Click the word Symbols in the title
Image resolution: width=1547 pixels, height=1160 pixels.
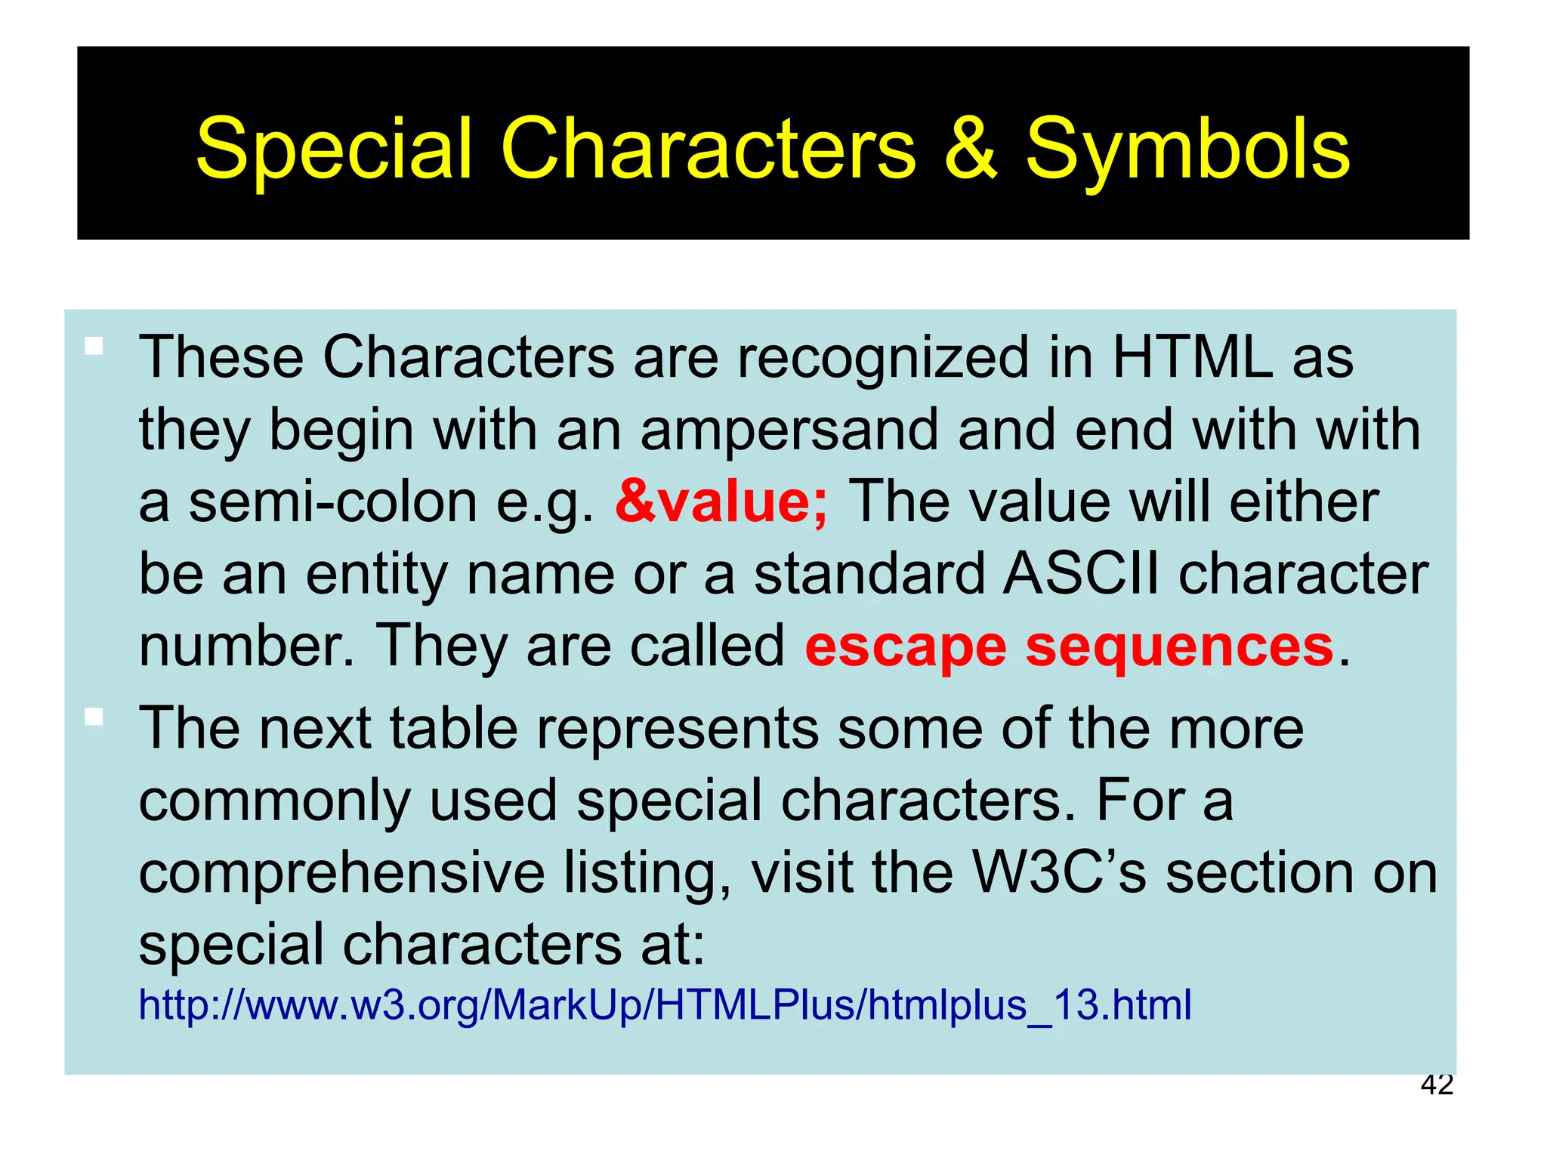1187,151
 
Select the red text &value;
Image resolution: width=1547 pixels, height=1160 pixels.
721,502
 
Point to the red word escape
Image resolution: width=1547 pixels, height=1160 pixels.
905,647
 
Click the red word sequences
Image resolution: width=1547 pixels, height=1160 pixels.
1180,647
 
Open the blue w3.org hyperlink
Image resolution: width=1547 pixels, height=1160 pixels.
665,1005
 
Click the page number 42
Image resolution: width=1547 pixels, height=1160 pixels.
1436,1084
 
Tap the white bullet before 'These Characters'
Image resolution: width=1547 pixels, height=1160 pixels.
94,347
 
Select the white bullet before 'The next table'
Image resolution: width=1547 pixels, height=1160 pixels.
94,716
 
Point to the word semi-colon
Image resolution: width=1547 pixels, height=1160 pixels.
332,504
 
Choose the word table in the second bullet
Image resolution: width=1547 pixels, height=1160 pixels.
453,729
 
